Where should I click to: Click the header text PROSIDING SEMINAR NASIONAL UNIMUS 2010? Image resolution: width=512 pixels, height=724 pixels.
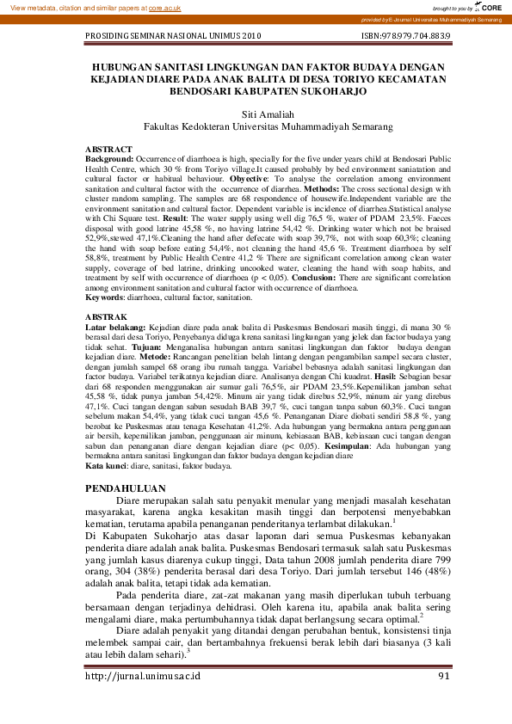pyautogui.click(x=173, y=38)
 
